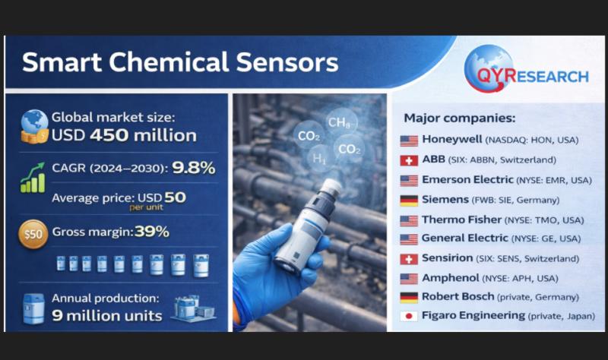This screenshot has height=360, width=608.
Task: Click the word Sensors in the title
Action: point(287,62)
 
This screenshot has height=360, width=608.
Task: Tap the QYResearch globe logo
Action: point(489,68)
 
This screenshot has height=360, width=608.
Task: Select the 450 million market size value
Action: point(143,135)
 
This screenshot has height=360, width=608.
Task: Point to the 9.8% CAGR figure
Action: point(194,168)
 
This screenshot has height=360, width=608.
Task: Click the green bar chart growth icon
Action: point(33,178)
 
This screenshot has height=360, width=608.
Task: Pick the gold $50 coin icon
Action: point(33,234)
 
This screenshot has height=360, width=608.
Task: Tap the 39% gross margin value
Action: point(151,232)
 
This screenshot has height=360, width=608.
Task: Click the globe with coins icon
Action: point(34,126)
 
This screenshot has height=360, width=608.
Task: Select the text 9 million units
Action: point(107,316)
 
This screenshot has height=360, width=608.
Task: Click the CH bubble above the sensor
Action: point(341,122)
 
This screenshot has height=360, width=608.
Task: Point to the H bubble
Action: point(319,158)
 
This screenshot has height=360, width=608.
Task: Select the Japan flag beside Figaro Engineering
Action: point(409,316)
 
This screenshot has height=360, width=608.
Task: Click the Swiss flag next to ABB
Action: point(409,160)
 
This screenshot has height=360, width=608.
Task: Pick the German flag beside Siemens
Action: point(409,201)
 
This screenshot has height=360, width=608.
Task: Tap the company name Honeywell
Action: point(451,139)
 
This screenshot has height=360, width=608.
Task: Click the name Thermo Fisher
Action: point(461,219)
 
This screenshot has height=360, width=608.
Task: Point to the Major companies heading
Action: point(460,118)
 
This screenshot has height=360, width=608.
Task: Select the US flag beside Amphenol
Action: point(409,279)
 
